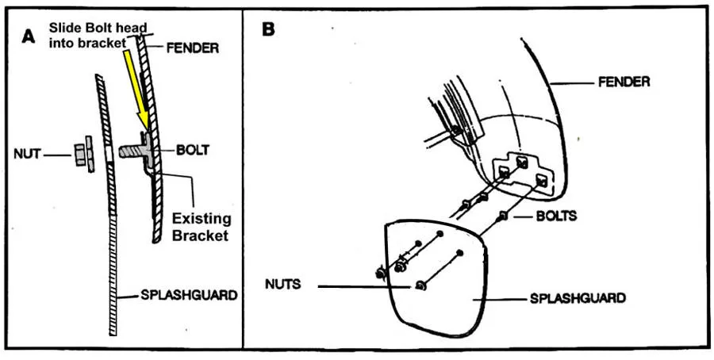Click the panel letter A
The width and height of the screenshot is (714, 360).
tap(30, 36)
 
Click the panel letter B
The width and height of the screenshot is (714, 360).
tap(269, 30)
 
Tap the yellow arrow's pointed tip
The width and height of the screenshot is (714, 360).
tap(143, 128)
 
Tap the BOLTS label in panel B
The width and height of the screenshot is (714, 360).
tap(555, 216)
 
